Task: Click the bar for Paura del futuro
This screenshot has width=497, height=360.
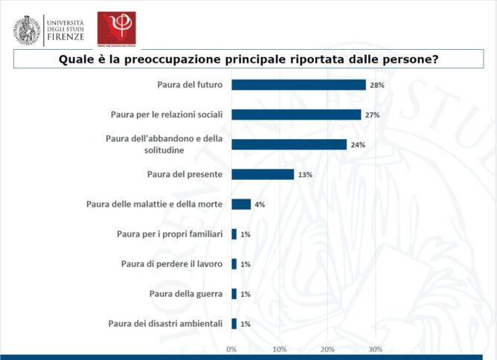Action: (x=298, y=85)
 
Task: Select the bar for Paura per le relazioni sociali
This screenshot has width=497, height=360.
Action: (x=296, y=115)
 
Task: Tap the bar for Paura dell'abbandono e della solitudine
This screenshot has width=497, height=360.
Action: (x=289, y=144)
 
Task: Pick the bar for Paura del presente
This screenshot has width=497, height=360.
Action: (x=263, y=174)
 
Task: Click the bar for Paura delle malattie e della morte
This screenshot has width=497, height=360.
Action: (x=241, y=204)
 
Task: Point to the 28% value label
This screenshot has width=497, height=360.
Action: (x=377, y=86)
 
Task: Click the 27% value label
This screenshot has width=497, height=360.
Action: (x=373, y=115)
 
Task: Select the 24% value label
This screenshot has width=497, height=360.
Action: (x=358, y=145)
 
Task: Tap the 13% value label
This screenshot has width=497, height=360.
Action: (x=305, y=175)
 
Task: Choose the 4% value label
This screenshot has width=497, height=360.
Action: (x=260, y=205)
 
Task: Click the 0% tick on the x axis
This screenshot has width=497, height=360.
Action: (x=231, y=349)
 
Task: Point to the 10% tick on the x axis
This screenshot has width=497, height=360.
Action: (x=280, y=349)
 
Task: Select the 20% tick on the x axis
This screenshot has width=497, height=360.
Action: (x=327, y=349)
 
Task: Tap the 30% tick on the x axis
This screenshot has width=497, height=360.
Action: (x=376, y=349)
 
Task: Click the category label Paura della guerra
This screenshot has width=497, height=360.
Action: (x=186, y=294)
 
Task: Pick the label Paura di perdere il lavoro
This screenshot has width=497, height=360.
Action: (x=172, y=264)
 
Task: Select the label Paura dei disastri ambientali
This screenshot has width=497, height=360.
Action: (x=165, y=324)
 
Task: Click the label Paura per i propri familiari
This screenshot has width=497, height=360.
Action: (x=170, y=234)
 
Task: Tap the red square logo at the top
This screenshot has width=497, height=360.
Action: (x=116, y=28)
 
